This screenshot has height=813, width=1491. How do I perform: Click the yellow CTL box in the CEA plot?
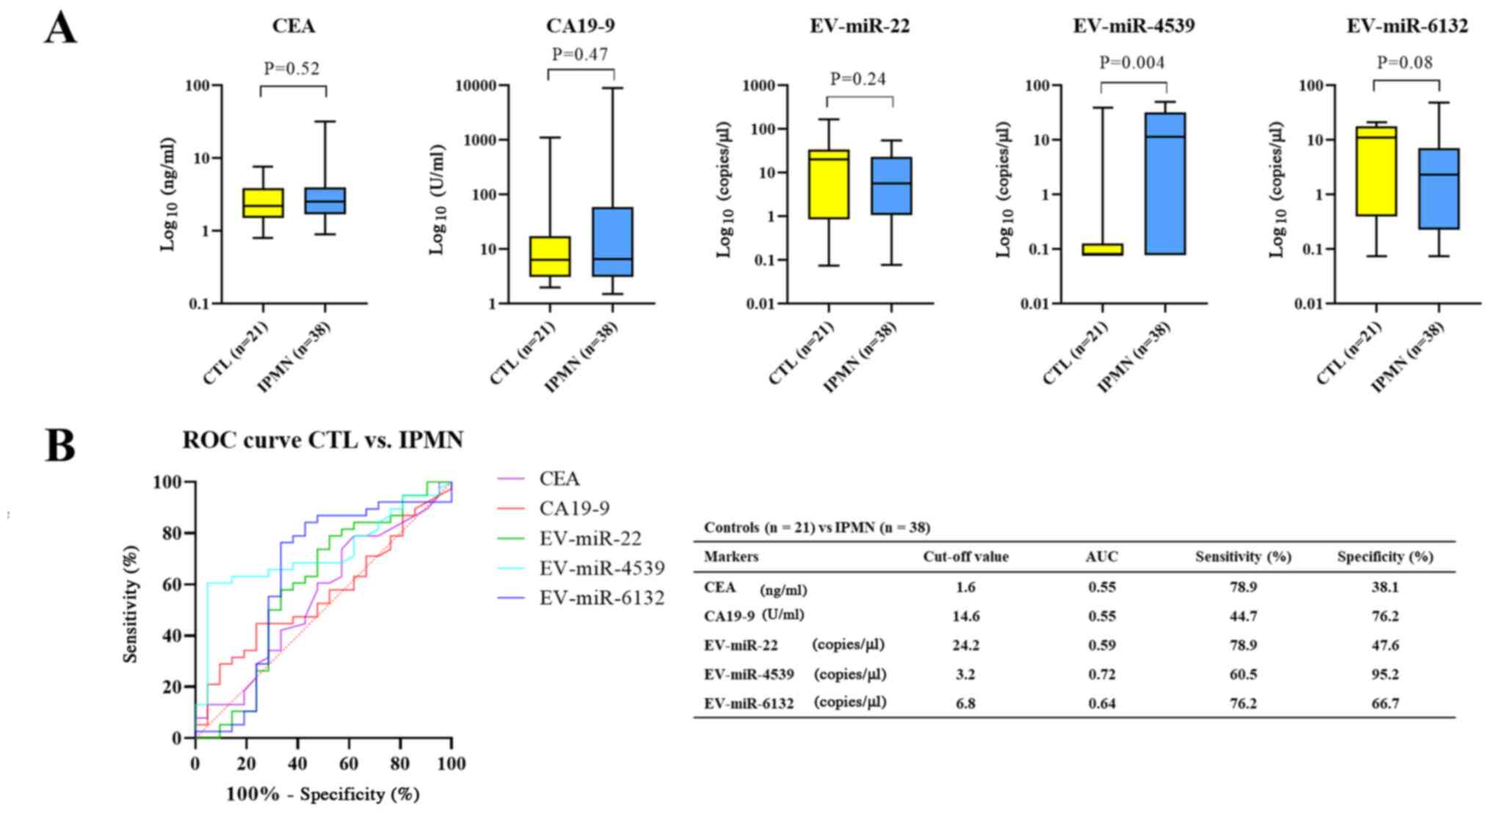click(x=263, y=203)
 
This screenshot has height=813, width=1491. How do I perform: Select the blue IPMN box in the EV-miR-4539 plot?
click(x=1165, y=184)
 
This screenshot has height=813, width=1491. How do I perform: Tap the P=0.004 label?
click(x=1131, y=63)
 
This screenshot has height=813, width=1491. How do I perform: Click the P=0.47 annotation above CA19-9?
click(x=580, y=54)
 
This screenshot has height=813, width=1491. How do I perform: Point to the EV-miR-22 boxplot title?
click(x=860, y=26)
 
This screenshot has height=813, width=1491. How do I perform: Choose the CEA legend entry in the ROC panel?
click(x=559, y=479)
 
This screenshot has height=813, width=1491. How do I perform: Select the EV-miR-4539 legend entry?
click(x=601, y=568)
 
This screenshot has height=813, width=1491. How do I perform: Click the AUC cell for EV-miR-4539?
click(x=1101, y=674)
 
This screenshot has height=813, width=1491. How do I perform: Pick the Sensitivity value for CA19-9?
click(x=1243, y=616)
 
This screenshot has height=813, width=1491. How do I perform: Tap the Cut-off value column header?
click(x=965, y=557)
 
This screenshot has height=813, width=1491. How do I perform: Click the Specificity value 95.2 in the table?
click(x=1385, y=674)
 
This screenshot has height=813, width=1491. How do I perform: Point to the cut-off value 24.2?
click(x=965, y=646)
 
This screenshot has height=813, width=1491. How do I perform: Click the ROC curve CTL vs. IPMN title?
click(x=323, y=441)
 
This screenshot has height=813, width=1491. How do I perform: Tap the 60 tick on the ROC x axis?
click(x=349, y=764)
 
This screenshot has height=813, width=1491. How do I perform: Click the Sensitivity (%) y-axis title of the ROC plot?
click(x=131, y=604)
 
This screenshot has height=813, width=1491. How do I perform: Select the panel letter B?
click(x=60, y=446)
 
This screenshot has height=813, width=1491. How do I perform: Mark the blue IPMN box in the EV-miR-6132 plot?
click(x=1438, y=189)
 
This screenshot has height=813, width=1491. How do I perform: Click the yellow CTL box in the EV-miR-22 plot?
click(x=828, y=184)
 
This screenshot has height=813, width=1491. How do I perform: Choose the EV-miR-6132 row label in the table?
click(x=749, y=704)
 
